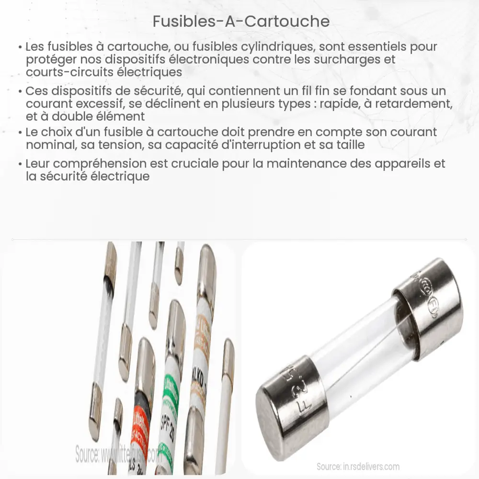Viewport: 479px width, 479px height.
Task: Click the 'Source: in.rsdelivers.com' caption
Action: point(358,466)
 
